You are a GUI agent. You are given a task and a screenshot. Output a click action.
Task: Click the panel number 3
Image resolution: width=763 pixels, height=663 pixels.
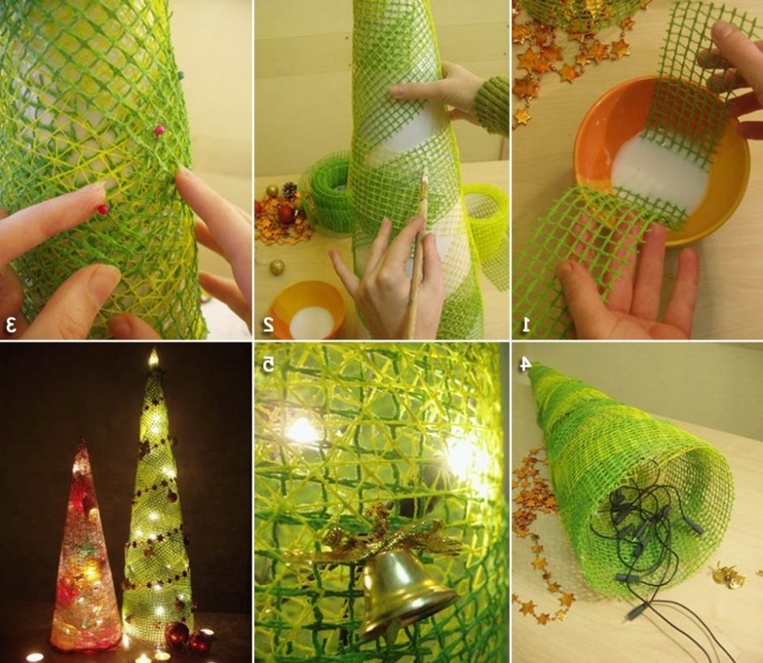11,324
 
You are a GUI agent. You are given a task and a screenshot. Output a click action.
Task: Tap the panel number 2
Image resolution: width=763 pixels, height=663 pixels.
268,324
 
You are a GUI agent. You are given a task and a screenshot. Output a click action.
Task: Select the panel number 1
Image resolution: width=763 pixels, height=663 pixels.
525,325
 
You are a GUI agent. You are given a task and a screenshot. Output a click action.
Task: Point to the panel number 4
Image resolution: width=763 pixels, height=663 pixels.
524,364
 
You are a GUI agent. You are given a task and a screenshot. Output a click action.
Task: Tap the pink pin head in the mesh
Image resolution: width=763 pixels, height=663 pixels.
159,130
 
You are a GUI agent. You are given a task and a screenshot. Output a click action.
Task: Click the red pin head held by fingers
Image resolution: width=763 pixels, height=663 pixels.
102,209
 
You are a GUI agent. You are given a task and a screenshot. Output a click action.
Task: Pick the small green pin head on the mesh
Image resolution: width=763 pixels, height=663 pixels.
182,75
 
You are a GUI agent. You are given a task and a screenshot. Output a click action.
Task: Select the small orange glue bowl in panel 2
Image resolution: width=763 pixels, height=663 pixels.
307,309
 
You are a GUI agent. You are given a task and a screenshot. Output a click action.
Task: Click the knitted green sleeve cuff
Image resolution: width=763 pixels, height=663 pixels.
492,105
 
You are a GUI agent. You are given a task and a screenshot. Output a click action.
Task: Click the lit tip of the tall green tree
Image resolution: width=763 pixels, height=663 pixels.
153,358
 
